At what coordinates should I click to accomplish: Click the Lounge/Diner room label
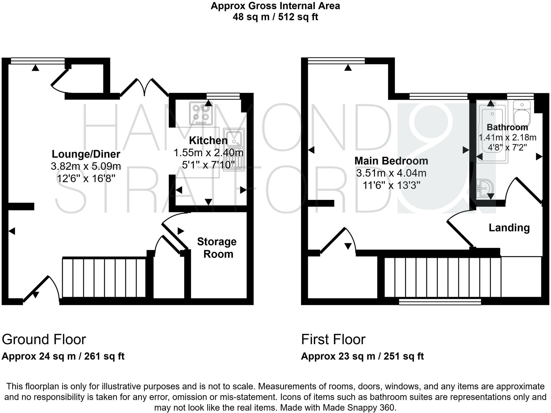[x=86, y=154]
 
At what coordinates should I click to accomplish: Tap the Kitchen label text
[x=208, y=141]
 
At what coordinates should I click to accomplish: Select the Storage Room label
[x=217, y=248]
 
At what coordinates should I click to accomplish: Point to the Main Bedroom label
[x=391, y=161]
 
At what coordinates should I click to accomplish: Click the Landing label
[x=509, y=228]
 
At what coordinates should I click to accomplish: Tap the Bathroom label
[x=507, y=127]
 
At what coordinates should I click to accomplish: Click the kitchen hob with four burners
[x=201, y=113]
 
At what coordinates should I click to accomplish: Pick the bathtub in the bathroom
[x=492, y=132]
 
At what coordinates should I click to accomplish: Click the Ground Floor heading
[x=44, y=340]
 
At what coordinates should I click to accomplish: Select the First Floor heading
[x=333, y=340]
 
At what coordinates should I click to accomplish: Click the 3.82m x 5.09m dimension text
[x=86, y=166]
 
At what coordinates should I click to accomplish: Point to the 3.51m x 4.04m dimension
[x=391, y=173]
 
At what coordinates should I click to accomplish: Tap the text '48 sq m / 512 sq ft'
[x=275, y=17]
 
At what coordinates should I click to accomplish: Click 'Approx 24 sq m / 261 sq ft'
[x=63, y=356]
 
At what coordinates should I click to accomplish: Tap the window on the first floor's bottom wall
[x=440, y=301]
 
